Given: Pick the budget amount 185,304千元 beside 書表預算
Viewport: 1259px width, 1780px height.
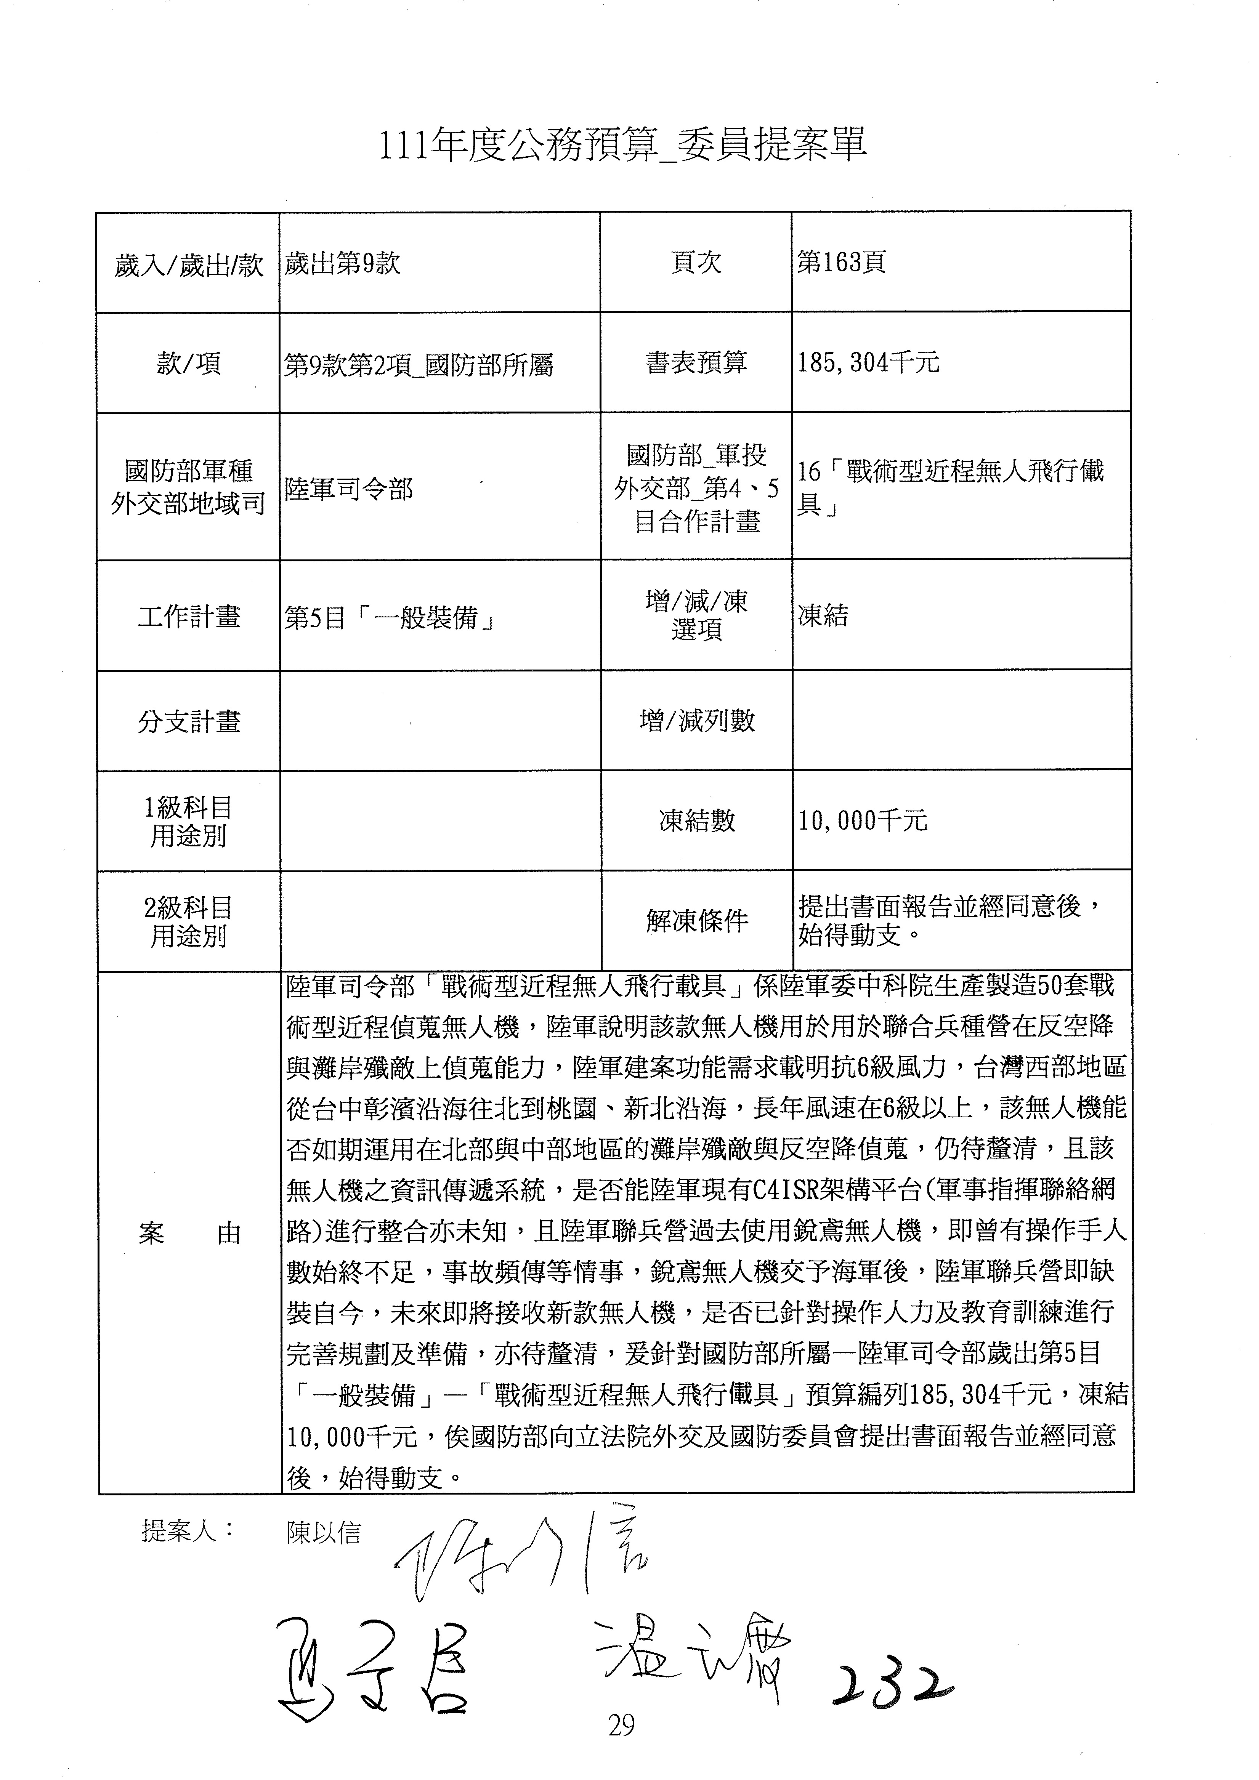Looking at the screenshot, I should (x=868, y=362).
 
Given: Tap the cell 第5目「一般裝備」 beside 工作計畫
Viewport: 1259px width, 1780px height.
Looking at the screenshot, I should (x=390, y=618).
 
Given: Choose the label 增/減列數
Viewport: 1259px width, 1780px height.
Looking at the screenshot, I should (x=696, y=721).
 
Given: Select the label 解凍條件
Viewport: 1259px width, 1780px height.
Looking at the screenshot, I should (x=696, y=921).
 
